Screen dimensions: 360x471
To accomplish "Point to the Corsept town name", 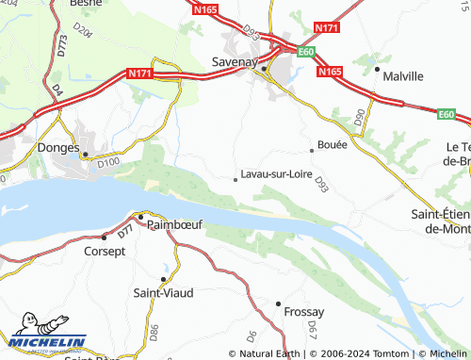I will (106, 252).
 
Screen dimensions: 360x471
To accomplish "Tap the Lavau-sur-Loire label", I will (276, 174).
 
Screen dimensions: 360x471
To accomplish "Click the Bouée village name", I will (333, 145).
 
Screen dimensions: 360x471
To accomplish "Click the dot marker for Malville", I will (377, 69).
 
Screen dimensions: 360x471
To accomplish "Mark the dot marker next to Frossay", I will (278, 303).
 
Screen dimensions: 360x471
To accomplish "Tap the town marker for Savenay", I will (265, 69).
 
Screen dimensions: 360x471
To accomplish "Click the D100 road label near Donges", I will (109, 163).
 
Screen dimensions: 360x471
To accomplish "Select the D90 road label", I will (358, 117).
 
